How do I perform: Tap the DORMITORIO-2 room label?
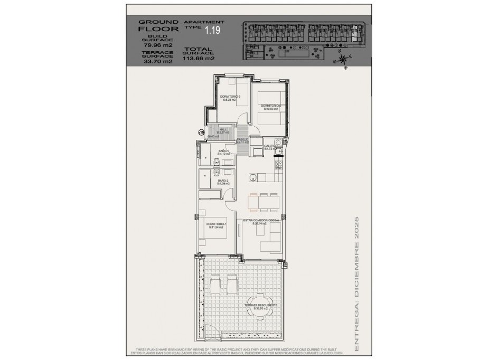point(272,107)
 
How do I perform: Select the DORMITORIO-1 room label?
point(216,225)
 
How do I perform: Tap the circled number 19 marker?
point(201,132)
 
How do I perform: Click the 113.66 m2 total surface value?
point(199,59)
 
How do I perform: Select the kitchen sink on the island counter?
point(253,177)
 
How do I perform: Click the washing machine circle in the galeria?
point(278,142)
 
